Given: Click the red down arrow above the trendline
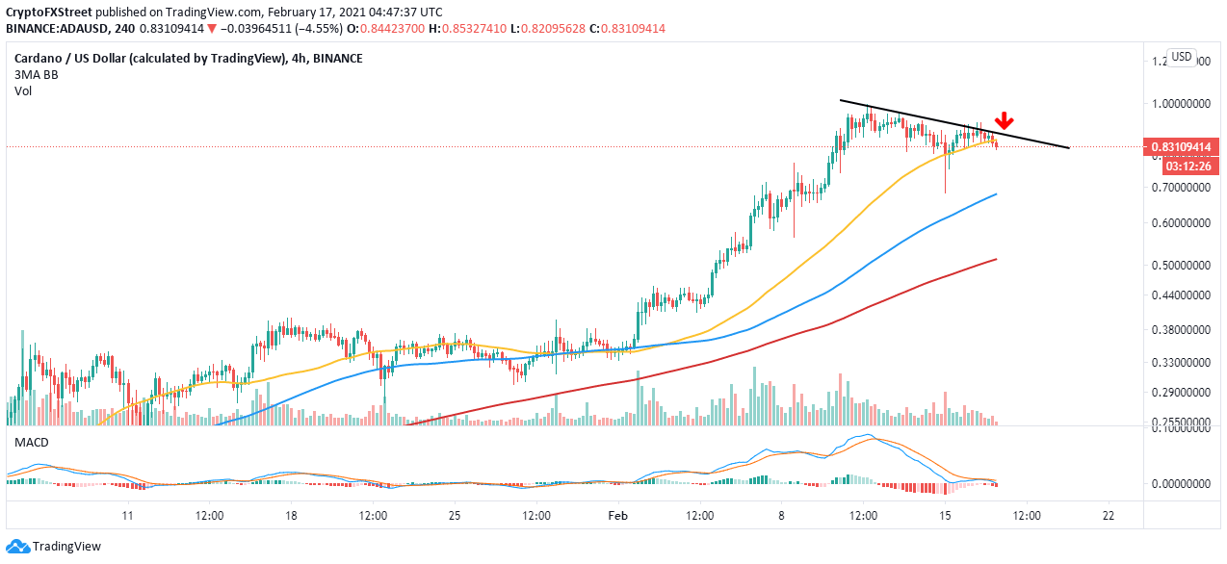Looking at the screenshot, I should click(x=1005, y=120).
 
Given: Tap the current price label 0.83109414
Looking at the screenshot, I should click(x=1182, y=147).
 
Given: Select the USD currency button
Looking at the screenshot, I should click(x=1182, y=57).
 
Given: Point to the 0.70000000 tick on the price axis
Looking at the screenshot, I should click(x=1182, y=188).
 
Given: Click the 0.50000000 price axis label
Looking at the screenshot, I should click(x=1182, y=265).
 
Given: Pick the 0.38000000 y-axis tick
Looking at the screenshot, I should click(x=1182, y=329).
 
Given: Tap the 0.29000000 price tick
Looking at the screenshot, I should click(x=1182, y=393).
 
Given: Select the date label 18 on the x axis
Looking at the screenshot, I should click(x=290, y=515).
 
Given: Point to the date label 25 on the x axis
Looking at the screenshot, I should click(x=454, y=515).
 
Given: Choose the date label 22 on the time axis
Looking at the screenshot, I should click(x=1108, y=515).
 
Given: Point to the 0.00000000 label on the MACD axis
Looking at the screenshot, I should click(x=1182, y=483).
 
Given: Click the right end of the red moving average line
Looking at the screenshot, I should click(x=995, y=259).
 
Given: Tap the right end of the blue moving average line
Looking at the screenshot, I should click(x=995, y=194).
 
